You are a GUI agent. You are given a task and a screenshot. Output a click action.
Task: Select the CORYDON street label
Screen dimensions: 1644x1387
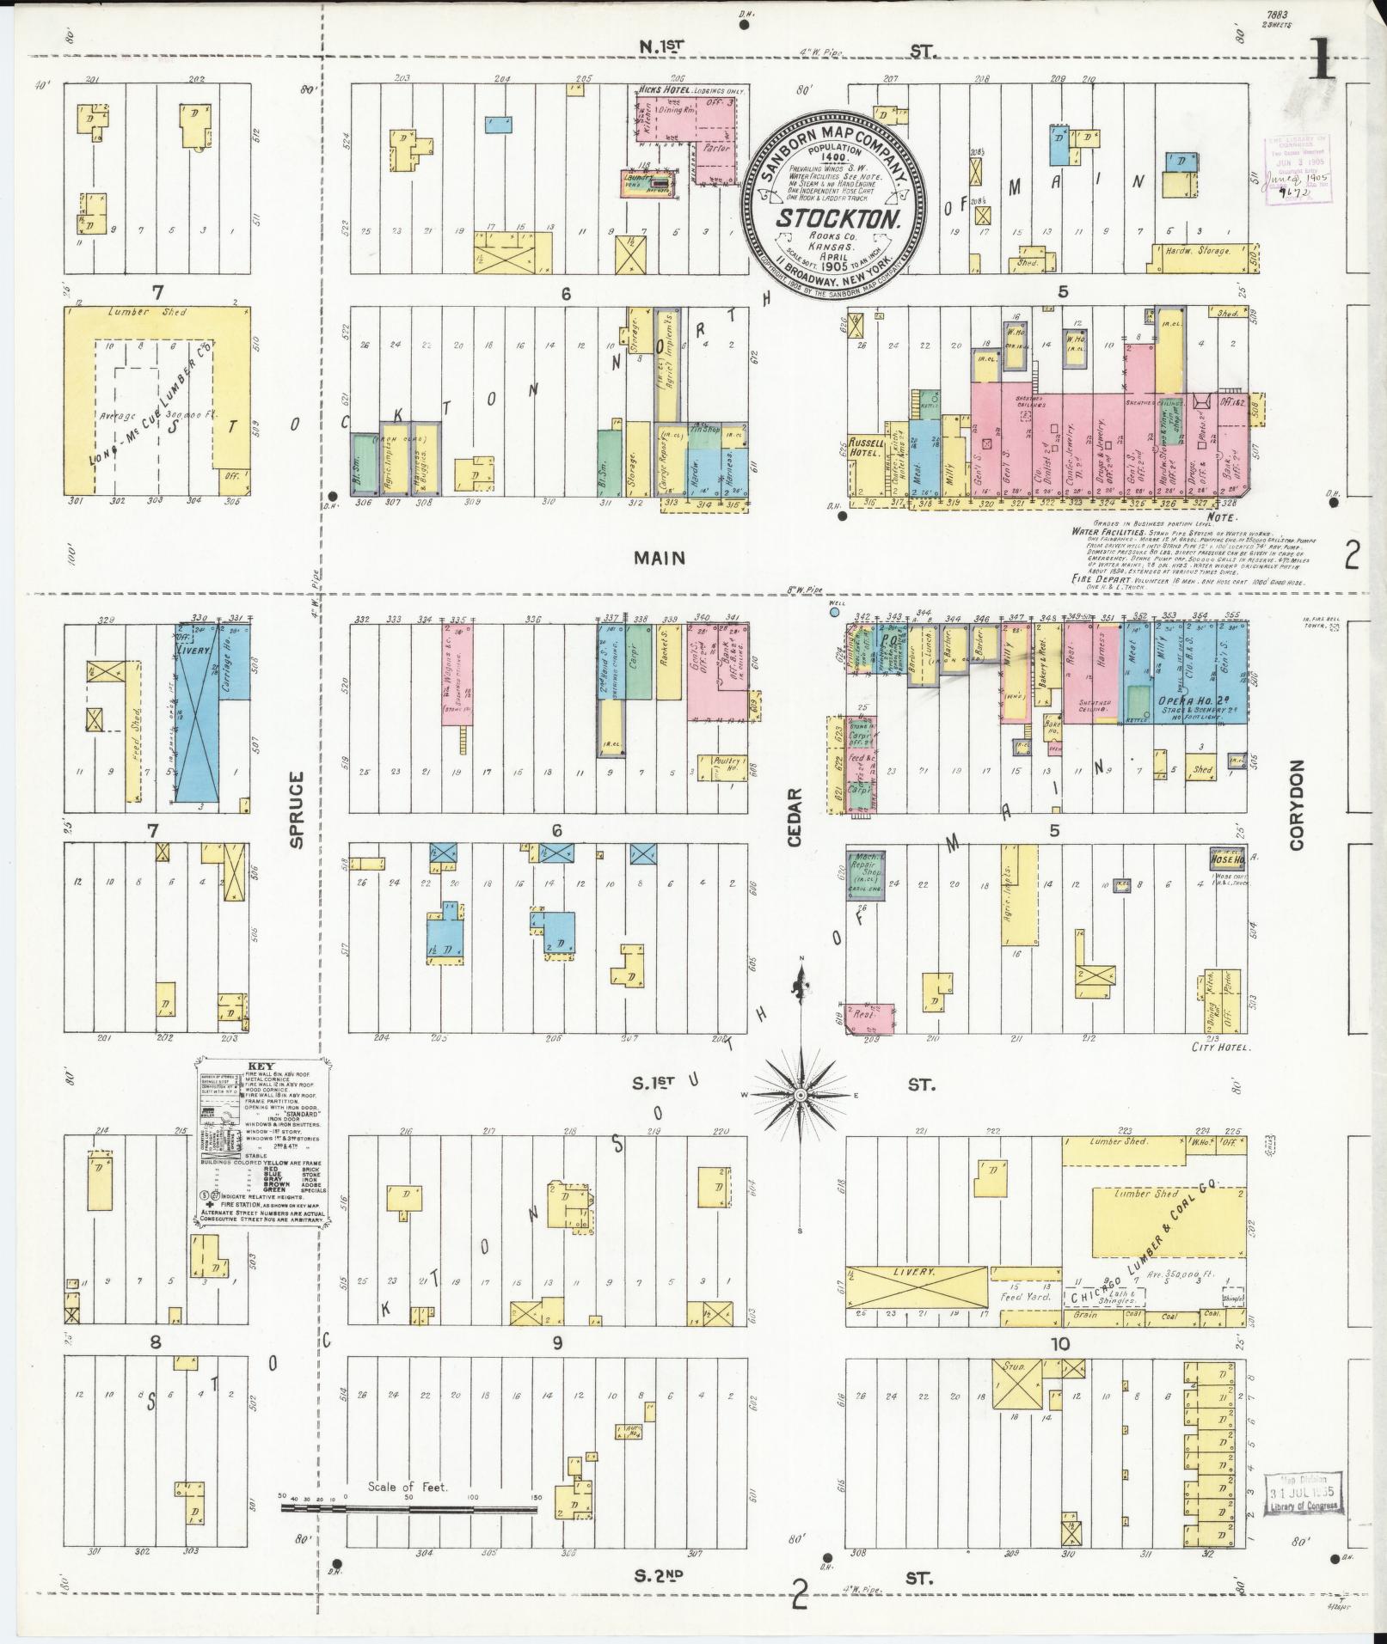point(1296,805)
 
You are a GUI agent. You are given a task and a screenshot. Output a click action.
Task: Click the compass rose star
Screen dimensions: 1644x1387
point(800,1095)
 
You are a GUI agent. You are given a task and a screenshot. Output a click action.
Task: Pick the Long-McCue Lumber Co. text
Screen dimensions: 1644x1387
point(150,403)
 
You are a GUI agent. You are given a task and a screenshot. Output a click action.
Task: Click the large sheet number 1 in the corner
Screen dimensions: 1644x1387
point(1321,60)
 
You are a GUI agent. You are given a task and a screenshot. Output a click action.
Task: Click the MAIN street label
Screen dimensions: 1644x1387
point(660,559)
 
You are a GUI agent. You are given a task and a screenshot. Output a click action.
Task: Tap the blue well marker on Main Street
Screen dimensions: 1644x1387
point(833,613)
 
